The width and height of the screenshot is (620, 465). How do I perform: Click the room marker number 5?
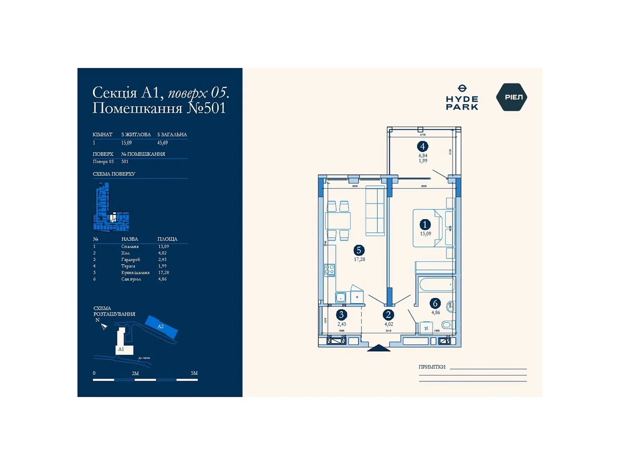359,250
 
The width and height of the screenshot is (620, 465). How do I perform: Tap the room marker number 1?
425,224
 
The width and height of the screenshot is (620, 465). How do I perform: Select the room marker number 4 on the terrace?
422,146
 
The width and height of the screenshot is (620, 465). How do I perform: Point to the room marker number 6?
435,303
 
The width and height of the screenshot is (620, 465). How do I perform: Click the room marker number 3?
341,315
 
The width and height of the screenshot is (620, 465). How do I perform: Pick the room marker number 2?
388,315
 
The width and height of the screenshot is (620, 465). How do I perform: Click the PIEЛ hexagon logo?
511,97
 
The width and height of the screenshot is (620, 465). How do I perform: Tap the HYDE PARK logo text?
462,103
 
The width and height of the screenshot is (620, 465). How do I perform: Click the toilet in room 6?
448,325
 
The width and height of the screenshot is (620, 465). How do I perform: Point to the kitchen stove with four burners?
330,270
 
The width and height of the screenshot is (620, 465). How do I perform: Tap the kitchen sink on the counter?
341,297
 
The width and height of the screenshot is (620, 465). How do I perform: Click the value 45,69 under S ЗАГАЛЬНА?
162,143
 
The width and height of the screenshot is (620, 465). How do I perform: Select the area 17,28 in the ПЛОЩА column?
164,272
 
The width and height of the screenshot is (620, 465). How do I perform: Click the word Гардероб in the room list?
131,260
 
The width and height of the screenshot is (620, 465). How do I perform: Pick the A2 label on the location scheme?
161,327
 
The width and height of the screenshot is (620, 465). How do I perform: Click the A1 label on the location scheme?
121,349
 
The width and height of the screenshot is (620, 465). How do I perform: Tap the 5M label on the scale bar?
194,373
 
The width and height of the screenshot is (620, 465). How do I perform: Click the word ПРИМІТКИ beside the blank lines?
432,367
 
